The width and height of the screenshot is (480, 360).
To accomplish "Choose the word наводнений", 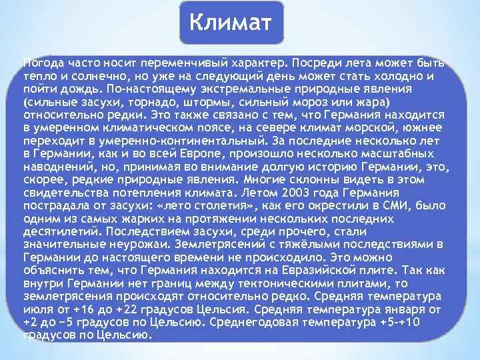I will click(55, 166).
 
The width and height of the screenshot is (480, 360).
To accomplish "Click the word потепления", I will click(129, 193).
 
